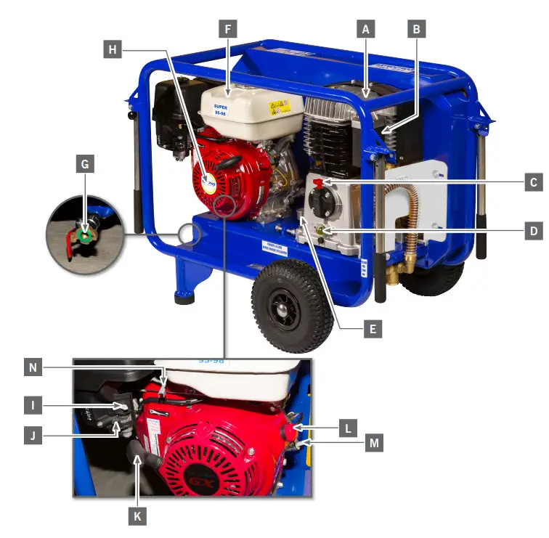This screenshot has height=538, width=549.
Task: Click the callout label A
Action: pos(367,29)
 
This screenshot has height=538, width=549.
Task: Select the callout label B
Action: pos(416,29)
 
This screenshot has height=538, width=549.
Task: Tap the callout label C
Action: pos(533,182)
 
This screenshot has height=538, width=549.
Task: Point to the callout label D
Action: pos(533,232)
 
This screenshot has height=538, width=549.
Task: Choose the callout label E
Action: pos(372,329)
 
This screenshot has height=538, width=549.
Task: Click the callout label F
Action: pos(227,30)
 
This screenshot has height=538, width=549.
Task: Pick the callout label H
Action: pos(113,49)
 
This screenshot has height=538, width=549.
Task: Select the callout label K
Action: pos(137,516)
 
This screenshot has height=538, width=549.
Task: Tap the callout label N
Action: pos(33,368)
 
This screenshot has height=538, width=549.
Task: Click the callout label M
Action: pos(374,442)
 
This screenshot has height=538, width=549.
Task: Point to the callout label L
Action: pos(349,428)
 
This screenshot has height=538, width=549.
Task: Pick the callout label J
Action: pos(33,436)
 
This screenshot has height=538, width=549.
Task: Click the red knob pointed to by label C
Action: pos(320,182)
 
